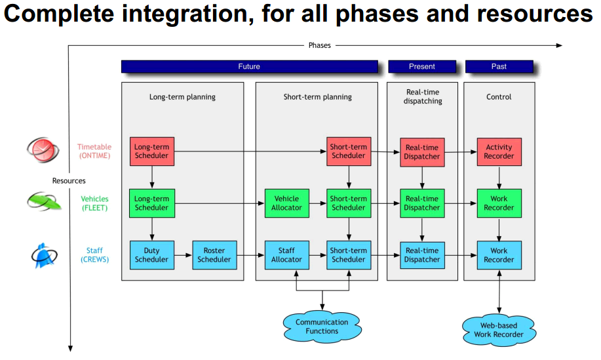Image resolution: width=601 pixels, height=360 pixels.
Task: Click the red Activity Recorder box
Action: pyautogui.click(x=499, y=152)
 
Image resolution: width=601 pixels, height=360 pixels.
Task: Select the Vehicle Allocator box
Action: pyautogui.click(x=286, y=203)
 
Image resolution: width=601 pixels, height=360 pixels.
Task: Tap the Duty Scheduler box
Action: pyautogui.click(x=152, y=255)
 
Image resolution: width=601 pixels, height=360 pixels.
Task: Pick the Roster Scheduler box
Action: pyautogui.click(x=214, y=255)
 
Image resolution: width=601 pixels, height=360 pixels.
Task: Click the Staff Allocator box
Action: pyautogui.click(x=286, y=255)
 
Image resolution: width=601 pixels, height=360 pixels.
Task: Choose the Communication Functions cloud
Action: pyautogui.click(x=322, y=327)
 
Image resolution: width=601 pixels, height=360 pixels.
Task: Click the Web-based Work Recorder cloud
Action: pyautogui.click(x=499, y=330)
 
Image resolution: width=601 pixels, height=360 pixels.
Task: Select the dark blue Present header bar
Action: pyautogui.click(x=422, y=66)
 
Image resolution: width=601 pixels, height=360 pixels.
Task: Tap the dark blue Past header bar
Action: pyautogui.click(x=499, y=66)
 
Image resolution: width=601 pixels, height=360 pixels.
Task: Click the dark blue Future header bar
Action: pyautogui.click(x=250, y=66)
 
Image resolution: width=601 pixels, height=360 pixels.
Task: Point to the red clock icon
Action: pyautogui.click(x=43, y=150)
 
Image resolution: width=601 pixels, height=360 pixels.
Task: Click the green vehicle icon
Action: pyautogui.click(x=44, y=201)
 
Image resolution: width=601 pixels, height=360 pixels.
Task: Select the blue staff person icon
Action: pyautogui.click(x=44, y=255)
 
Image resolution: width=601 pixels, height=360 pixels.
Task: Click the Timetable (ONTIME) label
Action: pyautogui.click(x=94, y=151)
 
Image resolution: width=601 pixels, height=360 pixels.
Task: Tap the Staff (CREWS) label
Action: pyautogui.click(x=94, y=255)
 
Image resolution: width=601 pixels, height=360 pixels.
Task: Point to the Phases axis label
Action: pyautogui.click(x=320, y=45)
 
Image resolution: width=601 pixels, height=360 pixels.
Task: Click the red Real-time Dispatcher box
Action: pyautogui.click(x=422, y=152)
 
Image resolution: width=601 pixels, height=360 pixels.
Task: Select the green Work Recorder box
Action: pyautogui.click(x=499, y=203)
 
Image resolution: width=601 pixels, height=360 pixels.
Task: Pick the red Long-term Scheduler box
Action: pyautogui.click(x=152, y=151)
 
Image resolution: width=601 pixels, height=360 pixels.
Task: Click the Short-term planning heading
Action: pyautogui.click(x=318, y=97)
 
